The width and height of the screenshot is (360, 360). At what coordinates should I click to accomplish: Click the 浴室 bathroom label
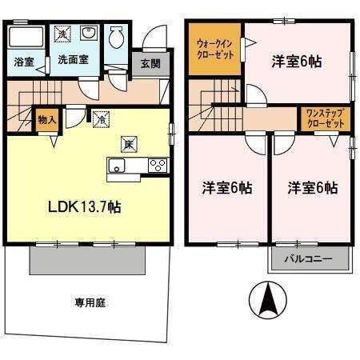pyautogui.click(x=23, y=61)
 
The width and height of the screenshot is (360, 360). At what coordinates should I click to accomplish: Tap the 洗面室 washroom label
pyautogui.click(x=71, y=61)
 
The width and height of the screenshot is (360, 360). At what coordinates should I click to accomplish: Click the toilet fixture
pyautogui.click(x=117, y=36)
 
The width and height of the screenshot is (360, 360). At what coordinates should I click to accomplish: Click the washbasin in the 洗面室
pyautogui.click(x=88, y=34)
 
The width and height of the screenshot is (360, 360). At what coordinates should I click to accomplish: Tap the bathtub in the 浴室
pyautogui.click(x=26, y=37)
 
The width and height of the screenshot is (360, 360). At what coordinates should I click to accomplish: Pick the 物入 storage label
pyautogui.click(x=46, y=119)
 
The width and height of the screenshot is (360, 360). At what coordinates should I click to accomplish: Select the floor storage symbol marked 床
pyautogui.click(x=127, y=145)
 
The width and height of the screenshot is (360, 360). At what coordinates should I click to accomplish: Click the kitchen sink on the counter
pyautogui.click(x=117, y=166)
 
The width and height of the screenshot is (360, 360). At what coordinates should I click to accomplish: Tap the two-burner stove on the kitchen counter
pyautogui.click(x=158, y=166)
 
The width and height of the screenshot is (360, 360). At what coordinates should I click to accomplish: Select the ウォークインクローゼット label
pyautogui.click(x=214, y=50)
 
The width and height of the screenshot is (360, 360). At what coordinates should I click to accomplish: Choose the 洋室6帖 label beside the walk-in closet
pyautogui.click(x=296, y=61)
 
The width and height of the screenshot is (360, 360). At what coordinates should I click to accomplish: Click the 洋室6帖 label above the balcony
pyautogui.click(x=312, y=188)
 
